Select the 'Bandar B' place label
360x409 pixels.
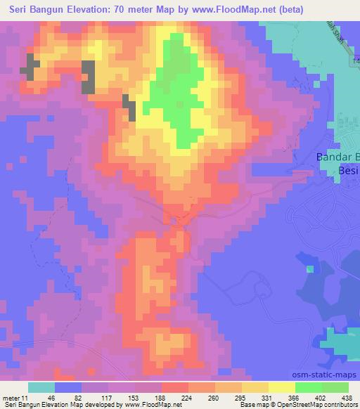click(336, 157)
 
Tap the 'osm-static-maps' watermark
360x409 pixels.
click(326, 376)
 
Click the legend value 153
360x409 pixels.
click(112, 397)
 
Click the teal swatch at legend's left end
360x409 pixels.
click(41, 387)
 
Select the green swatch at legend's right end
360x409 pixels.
click(335, 387)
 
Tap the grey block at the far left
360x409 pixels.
click(29, 65)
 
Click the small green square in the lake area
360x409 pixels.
click(311, 269)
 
